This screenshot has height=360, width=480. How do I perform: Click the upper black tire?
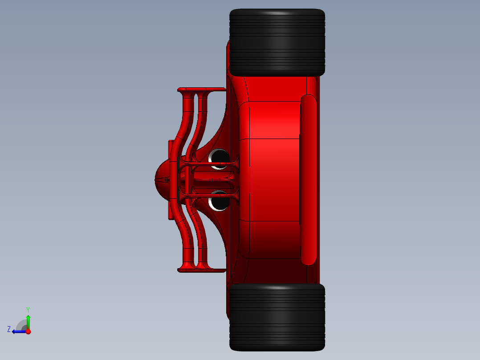[277, 42]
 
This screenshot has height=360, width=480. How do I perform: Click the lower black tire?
[277, 317]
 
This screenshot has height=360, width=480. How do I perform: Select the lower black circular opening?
[219, 200]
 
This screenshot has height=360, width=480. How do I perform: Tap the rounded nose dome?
[161, 180]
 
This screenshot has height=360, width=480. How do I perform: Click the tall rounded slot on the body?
[308, 180]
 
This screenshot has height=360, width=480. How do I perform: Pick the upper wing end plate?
[201, 90]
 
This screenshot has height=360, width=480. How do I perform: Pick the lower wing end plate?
[201, 270]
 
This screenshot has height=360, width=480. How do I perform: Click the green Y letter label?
[28, 309]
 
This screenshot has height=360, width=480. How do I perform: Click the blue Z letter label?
[9, 329]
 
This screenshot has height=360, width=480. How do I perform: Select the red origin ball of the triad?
[28, 331]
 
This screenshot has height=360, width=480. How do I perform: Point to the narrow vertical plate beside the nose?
[170, 180]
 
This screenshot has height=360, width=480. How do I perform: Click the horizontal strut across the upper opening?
[209, 165]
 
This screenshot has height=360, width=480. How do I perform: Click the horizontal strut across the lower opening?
[209, 195]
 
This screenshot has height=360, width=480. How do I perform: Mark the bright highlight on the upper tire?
[277, 14]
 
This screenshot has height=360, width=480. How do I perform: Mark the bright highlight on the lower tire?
[277, 288]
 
